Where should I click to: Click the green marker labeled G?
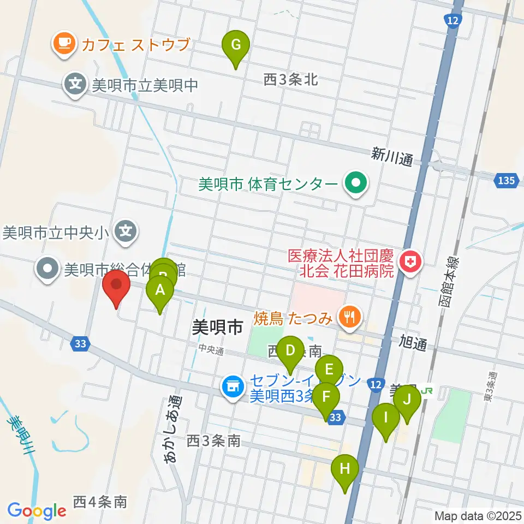(x=235, y=45)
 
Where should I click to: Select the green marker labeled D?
(x=290, y=351)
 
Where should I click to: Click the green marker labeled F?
(x=326, y=397)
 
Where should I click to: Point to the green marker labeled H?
(x=345, y=469)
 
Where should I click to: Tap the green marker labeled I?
(x=386, y=418)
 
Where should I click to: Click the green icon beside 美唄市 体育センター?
(x=356, y=183)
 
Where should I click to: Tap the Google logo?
(x=37, y=511)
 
